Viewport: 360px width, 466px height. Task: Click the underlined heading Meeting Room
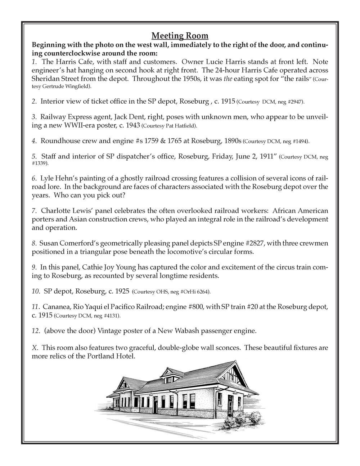coord(180,36)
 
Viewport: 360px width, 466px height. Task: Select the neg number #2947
coord(294,102)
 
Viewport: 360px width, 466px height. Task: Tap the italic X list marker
coord(35,348)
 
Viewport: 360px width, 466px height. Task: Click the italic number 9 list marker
coord(34,268)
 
